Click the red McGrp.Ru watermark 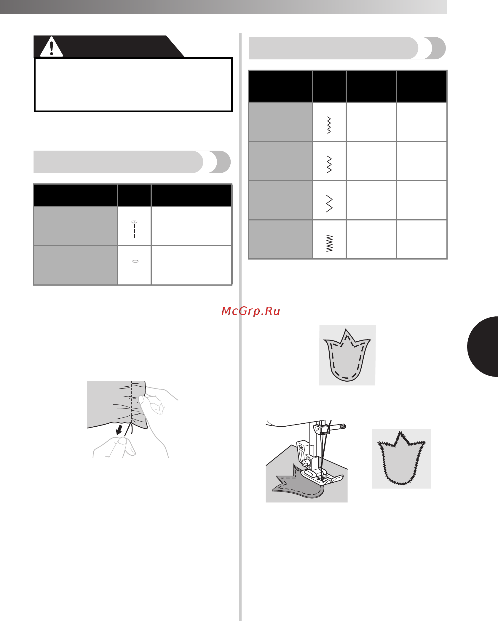click(x=251, y=311)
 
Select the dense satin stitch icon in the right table click(x=329, y=243)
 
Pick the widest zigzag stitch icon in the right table click(x=329, y=204)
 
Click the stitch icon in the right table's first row click(x=329, y=125)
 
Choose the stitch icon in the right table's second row click(x=329, y=164)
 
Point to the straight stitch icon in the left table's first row click(x=134, y=229)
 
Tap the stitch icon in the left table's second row click(x=135, y=269)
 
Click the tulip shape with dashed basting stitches click(x=347, y=356)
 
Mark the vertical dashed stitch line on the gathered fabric click(x=131, y=408)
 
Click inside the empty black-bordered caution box click(x=133, y=85)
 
